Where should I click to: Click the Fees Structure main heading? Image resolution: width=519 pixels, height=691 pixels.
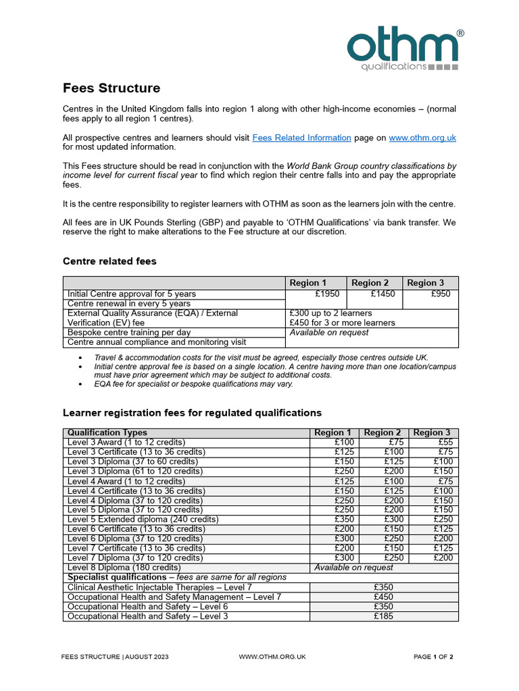112,88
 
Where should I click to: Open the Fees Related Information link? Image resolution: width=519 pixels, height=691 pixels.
301,138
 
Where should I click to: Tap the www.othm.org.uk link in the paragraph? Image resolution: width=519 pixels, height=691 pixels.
422,138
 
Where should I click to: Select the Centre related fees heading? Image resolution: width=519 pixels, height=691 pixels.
109,261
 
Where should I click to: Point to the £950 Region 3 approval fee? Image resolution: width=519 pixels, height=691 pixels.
440,294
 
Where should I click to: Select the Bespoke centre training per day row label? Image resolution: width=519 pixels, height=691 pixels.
128,333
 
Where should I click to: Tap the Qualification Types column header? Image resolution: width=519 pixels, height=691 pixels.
107,433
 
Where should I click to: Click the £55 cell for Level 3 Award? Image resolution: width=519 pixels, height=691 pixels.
441,442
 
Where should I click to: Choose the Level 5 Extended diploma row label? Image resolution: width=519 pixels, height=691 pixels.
143,520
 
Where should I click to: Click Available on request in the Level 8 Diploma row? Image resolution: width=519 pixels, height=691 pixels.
353,568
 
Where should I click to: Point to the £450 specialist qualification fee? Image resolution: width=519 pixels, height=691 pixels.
383,597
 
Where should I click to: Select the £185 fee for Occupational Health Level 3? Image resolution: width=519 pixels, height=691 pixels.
383,616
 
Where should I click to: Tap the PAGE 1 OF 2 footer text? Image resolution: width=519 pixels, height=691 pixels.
433,657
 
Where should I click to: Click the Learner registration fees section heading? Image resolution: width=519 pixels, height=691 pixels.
192,412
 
